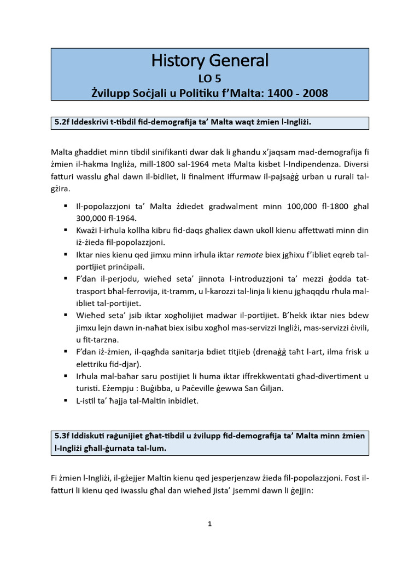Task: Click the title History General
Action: (210, 60)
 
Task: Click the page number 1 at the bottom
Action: (210, 524)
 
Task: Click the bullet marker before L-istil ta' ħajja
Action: (65, 400)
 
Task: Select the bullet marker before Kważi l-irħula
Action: (65, 230)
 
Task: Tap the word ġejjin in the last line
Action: (298, 491)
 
